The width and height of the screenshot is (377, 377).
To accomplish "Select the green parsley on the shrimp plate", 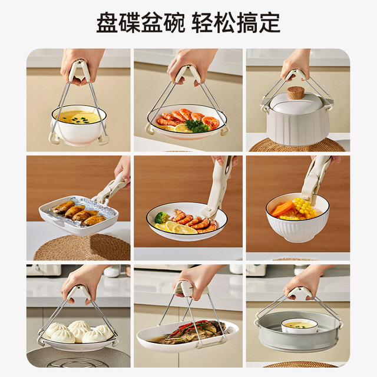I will pyautogui.click(x=197, y=125).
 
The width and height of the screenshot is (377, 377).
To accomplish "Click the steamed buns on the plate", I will pyautogui.click(x=74, y=332).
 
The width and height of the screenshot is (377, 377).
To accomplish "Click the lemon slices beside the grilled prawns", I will pyautogui.click(x=178, y=227).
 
